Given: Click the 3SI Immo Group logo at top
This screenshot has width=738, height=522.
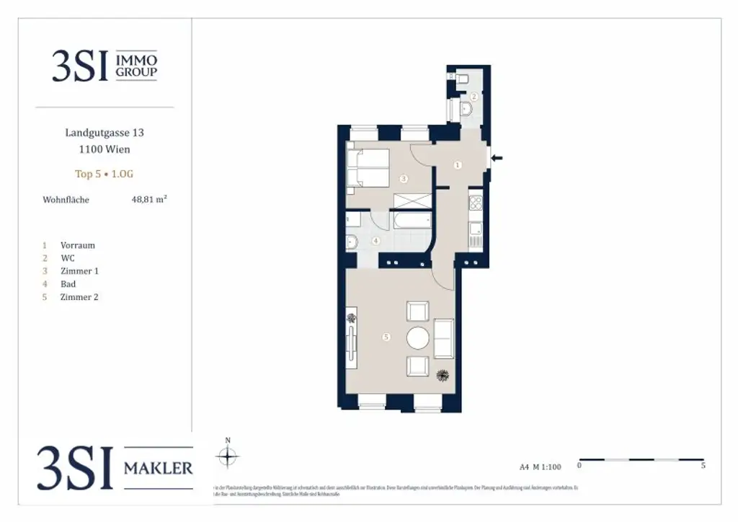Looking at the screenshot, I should [x=105, y=66].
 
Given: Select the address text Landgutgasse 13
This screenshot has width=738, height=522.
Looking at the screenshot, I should [x=105, y=133].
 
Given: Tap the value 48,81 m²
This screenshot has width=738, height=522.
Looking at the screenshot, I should [x=148, y=200].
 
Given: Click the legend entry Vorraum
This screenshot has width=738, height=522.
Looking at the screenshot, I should [x=77, y=245].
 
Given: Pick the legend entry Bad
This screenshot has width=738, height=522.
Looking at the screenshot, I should [x=68, y=284].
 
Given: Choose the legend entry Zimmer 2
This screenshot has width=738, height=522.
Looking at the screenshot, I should [x=79, y=297].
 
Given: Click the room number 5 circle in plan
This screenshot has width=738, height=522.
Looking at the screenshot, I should [x=387, y=337].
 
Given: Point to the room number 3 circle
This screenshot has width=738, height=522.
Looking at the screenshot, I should [x=404, y=177].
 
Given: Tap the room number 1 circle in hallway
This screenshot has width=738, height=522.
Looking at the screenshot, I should [x=458, y=165].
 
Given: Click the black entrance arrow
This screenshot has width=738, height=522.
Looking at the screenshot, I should [x=497, y=158].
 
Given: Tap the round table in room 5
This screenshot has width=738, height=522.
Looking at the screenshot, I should [x=418, y=337].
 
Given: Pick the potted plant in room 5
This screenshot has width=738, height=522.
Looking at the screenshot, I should [x=443, y=375].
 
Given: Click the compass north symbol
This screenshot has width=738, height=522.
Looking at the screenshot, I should [x=228, y=456].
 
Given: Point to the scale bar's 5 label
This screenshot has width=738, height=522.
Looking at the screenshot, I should [x=703, y=466].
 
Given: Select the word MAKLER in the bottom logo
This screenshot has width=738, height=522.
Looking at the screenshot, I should [x=159, y=467].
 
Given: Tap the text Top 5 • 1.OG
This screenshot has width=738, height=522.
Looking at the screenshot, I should [x=105, y=174].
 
